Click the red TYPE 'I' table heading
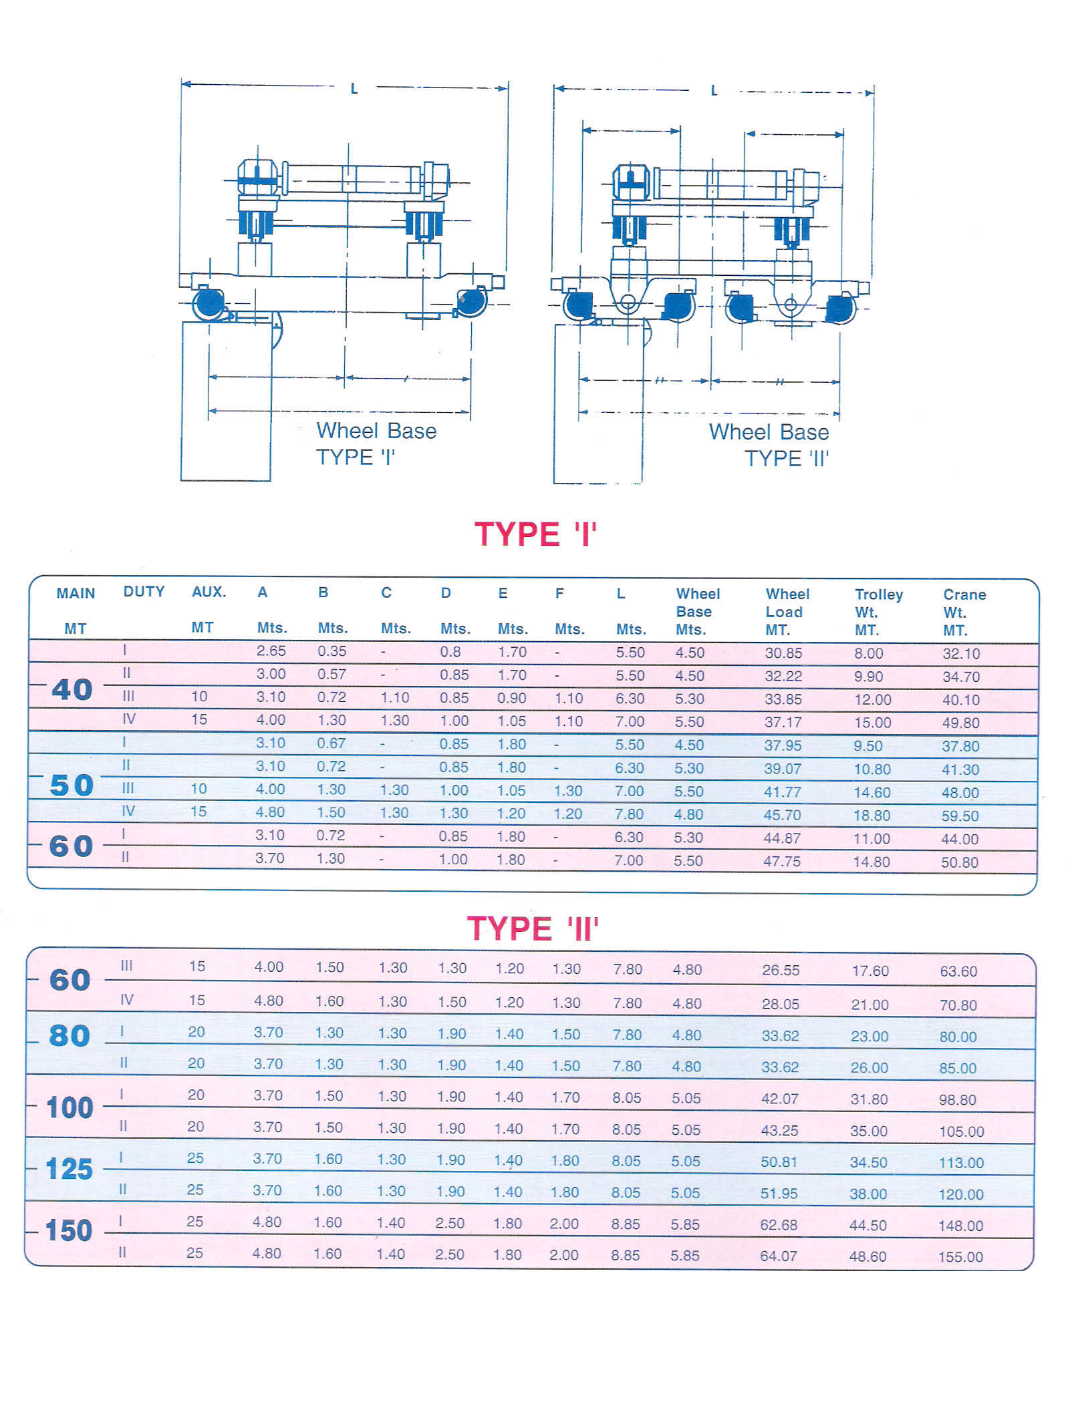[x=535, y=534]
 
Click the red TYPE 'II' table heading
[x=533, y=929]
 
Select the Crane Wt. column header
[x=964, y=612]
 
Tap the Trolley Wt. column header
[x=878, y=612]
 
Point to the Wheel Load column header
[x=787, y=611]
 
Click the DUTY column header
[x=144, y=592]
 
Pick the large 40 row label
[x=72, y=689]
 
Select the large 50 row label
[x=71, y=785]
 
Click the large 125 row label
[x=69, y=1169]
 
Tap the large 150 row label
[x=68, y=1230]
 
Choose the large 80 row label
[x=70, y=1036]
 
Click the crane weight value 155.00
[x=960, y=1257]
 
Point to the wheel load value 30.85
[x=783, y=653]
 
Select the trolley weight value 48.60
[x=867, y=1256]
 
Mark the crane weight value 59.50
[x=960, y=816]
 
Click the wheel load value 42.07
[x=779, y=1099]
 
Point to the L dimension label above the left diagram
[x=354, y=88]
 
